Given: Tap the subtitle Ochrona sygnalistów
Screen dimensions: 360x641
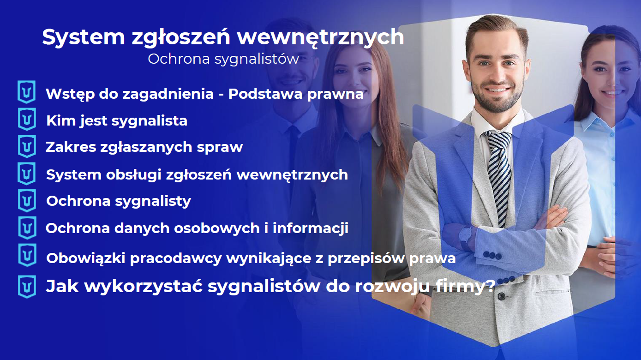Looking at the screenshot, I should [223, 59].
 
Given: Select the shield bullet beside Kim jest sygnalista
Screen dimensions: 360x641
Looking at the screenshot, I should [27, 120].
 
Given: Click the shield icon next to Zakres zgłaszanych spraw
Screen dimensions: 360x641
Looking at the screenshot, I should [27, 146].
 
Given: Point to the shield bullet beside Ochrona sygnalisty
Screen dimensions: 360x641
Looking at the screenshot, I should [27, 200].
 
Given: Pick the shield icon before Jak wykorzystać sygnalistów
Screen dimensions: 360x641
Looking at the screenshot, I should [27, 286].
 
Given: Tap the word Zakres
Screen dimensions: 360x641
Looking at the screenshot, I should [68, 147].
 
